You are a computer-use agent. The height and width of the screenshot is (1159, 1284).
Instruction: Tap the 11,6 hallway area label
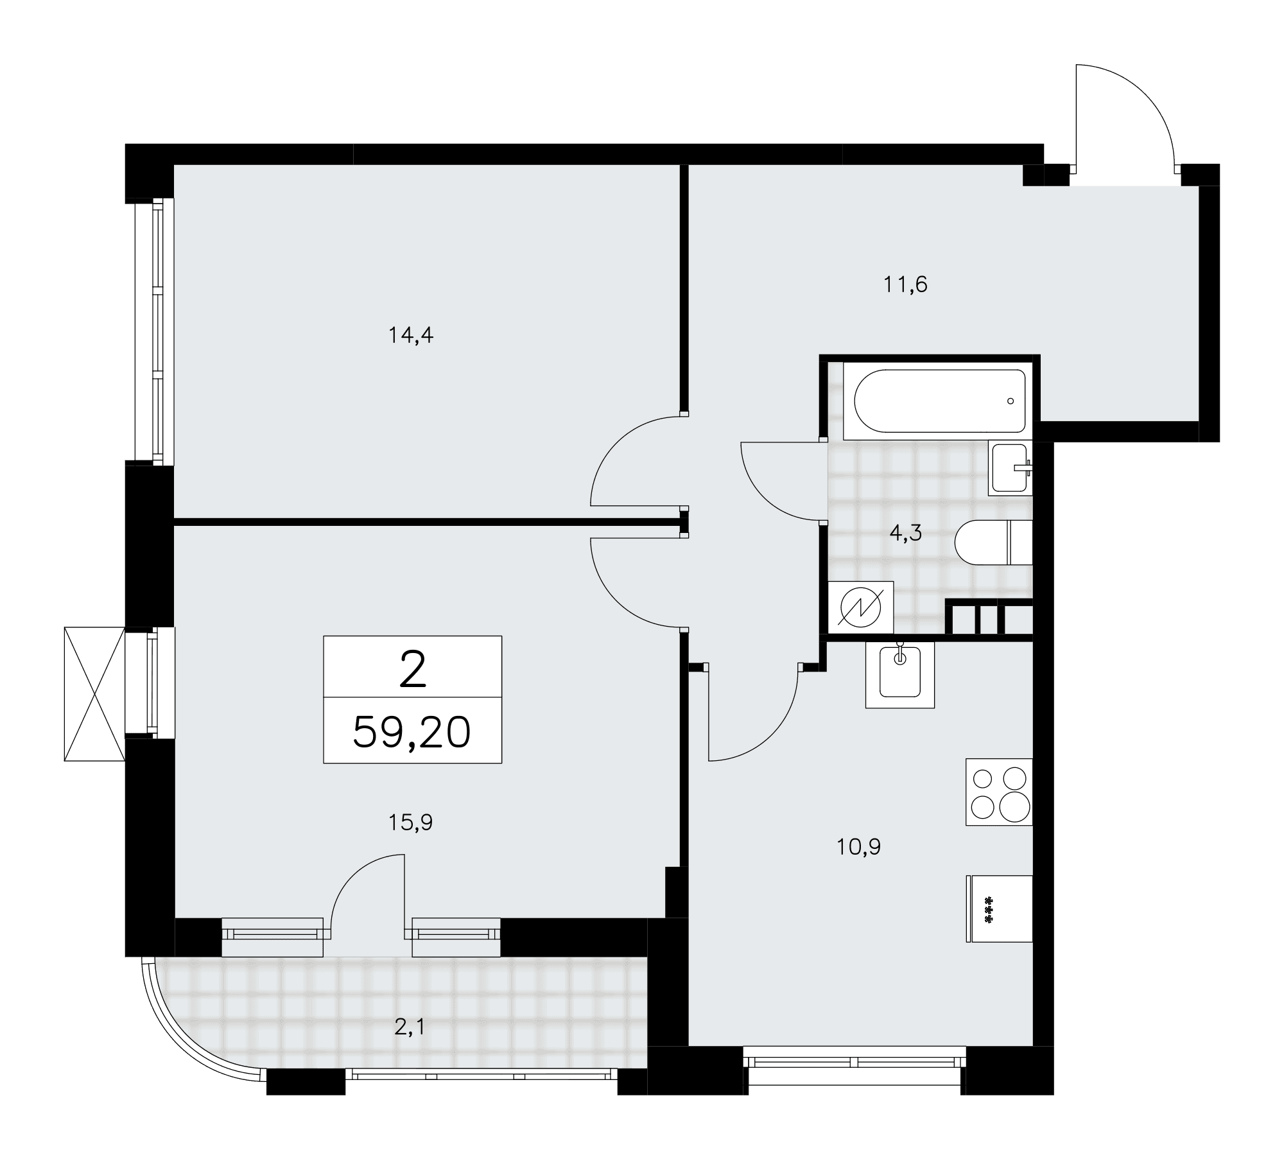(905, 284)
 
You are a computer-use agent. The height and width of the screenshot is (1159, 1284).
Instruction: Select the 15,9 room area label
(410, 823)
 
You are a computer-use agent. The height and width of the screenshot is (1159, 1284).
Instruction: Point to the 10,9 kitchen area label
(858, 848)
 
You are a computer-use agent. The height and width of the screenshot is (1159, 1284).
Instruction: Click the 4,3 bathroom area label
(905, 532)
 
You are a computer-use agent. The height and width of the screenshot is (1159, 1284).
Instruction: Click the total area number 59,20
(412, 733)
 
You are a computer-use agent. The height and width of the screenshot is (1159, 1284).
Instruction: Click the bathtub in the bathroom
(939, 401)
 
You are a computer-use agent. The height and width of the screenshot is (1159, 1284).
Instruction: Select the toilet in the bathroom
(993, 542)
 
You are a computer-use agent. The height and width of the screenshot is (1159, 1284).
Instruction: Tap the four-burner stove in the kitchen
(999, 792)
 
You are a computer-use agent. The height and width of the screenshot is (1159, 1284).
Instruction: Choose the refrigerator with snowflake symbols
(999, 909)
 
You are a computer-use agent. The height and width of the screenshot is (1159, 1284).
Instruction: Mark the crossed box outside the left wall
(94, 694)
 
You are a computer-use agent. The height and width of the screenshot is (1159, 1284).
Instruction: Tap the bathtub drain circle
(1011, 401)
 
